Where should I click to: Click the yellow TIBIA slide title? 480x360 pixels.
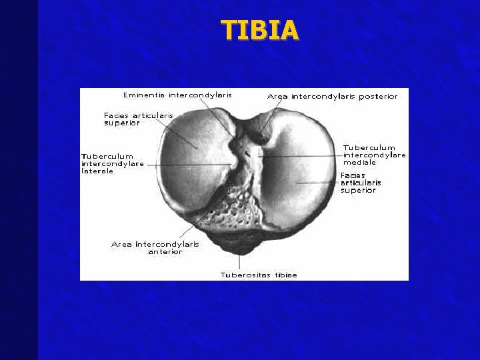click(260, 30)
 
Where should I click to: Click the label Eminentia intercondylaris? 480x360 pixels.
click(177, 95)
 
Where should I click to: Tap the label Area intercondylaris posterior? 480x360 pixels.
click(332, 97)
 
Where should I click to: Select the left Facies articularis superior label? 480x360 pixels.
click(138, 119)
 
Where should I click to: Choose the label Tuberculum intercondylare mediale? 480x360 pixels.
click(374, 155)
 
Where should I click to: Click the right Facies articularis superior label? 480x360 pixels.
click(361, 183)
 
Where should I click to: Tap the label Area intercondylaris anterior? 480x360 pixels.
click(155, 248)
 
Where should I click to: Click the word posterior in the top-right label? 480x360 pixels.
click(377, 97)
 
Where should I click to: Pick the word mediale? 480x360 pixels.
click(359, 162)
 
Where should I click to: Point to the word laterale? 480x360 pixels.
click(97, 171)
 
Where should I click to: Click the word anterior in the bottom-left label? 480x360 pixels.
click(165, 252)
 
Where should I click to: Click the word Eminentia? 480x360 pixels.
click(144, 95)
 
